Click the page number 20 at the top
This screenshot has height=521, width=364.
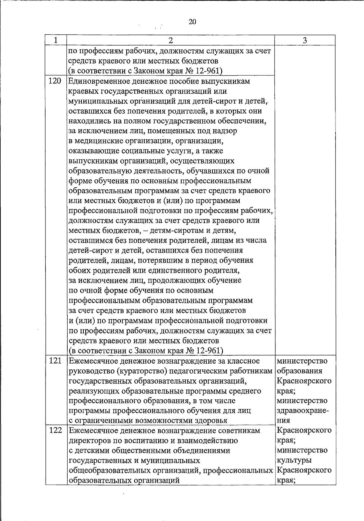[x=192, y=22]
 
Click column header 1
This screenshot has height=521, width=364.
[x=56, y=40]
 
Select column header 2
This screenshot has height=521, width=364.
[x=170, y=40]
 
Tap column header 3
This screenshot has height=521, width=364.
[x=305, y=40]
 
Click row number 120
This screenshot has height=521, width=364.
[x=55, y=81]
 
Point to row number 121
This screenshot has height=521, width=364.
[x=55, y=361]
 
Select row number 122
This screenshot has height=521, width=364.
[x=55, y=431]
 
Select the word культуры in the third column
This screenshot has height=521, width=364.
[x=294, y=460]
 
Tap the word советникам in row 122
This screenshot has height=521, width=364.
[x=239, y=431]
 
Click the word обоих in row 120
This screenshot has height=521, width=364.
[x=78, y=270]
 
